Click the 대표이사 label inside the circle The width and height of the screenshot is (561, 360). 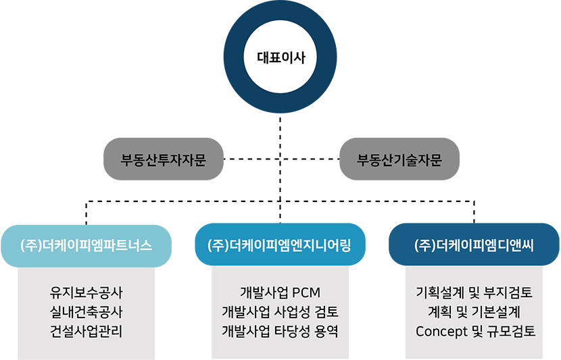pyautogui.click(x=281, y=57)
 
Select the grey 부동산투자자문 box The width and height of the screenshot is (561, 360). pyautogui.click(x=164, y=159)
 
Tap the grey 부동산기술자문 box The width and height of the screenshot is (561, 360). pyautogui.click(x=399, y=159)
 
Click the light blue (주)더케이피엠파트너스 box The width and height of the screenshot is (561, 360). pyautogui.click(x=87, y=246)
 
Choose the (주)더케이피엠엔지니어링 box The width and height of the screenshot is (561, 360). pyautogui.click(x=280, y=245)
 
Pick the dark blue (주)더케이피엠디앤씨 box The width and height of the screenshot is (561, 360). pyautogui.click(x=474, y=245)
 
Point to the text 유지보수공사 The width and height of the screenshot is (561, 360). pyautogui.click(x=87, y=292)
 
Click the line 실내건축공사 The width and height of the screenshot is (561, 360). pyautogui.click(x=87, y=312)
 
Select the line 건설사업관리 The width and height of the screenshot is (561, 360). pyautogui.click(x=87, y=332)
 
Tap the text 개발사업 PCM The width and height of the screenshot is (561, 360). pyautogui.click(x=280, y=292)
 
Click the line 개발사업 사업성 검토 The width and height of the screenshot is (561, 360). pyautogui.click(x=280, y=312)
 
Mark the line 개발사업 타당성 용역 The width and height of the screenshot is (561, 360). pyautogui.click(x=280, y=332)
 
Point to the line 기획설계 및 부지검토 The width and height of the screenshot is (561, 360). pyautogui.click(x=474, y=292)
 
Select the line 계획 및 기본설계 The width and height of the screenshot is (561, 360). pyautogui.click(x=474, y=312)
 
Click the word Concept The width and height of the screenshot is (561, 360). pyautogui.click(x=441, y=332)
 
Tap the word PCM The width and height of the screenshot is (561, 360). pyautogui.click(x=306, y=292)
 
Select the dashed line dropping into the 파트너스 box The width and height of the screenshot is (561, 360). pyautogui.click(x=87, y=213)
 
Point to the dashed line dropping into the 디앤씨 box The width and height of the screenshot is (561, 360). pyautogui.click(x=474, y=213)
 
